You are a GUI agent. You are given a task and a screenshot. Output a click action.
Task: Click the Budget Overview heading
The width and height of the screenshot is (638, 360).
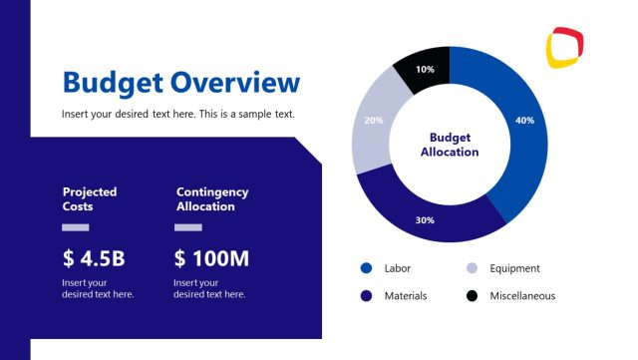pos(180,82)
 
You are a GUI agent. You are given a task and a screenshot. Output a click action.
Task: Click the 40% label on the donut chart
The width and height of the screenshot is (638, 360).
pos(524,121)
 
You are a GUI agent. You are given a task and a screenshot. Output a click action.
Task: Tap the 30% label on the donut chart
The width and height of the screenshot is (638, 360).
pos(425,219)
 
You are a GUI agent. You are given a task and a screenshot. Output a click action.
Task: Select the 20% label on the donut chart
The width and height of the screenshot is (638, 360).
pos(374,121)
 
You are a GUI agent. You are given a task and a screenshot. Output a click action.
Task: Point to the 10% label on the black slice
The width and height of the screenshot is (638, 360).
pos(425,70)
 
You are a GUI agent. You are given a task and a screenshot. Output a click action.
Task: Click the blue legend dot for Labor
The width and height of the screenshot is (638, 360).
pos(366,268)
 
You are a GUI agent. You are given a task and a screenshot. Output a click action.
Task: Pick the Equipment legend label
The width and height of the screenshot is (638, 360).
pos(514,268)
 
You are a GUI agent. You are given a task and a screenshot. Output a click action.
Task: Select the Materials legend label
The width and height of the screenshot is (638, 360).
pos(406,296)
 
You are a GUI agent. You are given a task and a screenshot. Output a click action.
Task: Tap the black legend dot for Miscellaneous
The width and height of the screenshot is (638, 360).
pos(473,296)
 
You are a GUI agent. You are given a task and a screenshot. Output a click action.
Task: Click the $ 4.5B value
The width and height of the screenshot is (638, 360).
pos(94,259)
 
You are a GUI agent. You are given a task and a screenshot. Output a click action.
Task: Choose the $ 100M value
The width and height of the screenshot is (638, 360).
pos(211,259)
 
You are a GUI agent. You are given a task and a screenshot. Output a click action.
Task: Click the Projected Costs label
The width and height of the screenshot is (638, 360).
pos(90,198)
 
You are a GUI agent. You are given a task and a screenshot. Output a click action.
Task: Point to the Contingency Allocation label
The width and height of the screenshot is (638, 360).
pos(212,198)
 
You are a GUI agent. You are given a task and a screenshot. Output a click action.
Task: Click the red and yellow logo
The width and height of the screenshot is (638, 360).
pos(564,47)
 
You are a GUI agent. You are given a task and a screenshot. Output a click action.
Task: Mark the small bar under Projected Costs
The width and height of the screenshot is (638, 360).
pos(76,227)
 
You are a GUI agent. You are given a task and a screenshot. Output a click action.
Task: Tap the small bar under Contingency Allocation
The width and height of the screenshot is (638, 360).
pos(188,227)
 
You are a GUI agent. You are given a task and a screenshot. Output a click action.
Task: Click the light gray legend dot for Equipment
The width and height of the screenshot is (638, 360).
pos(473,268)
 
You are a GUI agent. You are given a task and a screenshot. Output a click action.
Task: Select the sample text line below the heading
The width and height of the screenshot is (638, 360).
pos(178,114)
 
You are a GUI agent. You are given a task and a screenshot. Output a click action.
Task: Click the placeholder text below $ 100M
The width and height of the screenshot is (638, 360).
pos(209,288)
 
